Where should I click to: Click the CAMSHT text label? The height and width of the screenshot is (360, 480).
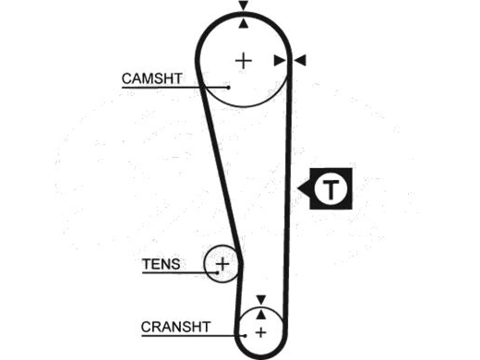click(152, 79)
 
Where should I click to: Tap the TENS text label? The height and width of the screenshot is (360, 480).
click(161, 264)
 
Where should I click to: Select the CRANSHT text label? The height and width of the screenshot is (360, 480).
click(176, 327)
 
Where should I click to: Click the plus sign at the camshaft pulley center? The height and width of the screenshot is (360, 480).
click(243, 60)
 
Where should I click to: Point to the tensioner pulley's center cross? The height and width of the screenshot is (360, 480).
click(223, 263)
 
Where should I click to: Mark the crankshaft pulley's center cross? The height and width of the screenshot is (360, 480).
click(261, 332)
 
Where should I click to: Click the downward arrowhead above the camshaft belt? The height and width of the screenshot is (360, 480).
click(243, 5)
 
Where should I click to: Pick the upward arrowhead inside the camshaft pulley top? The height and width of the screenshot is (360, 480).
click(243, 23)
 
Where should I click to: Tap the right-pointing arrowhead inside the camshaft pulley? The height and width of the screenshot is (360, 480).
click(279, 60)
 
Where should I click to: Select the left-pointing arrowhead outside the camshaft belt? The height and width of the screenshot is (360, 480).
click(300, 60)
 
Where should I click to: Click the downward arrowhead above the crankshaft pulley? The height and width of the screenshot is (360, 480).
click(261, 300)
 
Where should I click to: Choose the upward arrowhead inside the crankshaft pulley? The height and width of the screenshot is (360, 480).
click(261, 315)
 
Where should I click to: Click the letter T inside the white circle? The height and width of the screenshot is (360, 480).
click(330, 189)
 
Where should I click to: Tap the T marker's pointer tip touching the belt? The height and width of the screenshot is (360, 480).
click(298, 188)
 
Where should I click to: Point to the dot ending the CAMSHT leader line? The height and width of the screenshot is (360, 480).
click(228, 88)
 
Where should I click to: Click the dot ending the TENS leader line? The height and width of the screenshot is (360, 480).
click(217, 272)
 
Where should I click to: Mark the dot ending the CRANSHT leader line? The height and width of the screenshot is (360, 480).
click(245, 336)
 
